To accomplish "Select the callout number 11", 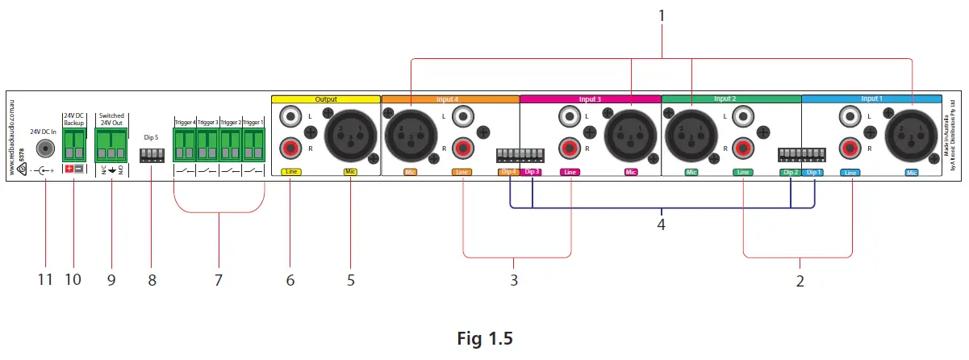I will point(45,280).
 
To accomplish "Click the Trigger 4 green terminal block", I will point(185,144).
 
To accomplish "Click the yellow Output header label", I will point(326,98).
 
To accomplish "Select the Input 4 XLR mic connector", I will point(410,132).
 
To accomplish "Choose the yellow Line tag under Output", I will point(290,173).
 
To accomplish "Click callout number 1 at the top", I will point(662,15).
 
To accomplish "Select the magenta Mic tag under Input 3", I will point(630,173).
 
